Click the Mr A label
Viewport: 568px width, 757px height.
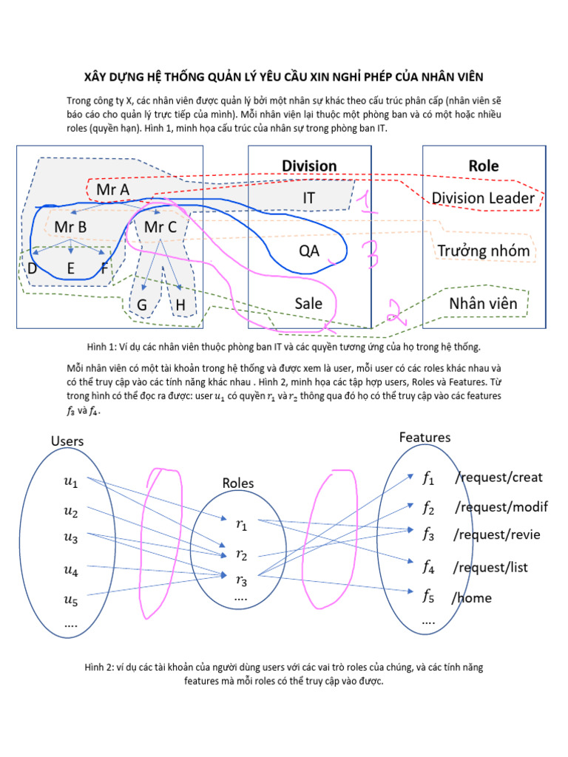click(112, 189)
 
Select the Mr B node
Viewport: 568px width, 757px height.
click(70, 228)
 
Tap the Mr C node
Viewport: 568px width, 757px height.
click(160, 228)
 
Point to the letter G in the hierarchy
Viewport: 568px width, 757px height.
click(142, 304)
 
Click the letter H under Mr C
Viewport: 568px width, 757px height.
click(180, 304)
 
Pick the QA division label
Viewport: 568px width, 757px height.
click(309, 251)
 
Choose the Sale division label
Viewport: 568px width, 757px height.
click(308, 303)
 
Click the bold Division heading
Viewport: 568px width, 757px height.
click(309, 166)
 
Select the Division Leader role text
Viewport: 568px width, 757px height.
click(483, 198)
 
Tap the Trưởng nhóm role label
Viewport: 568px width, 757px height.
click(484, 251)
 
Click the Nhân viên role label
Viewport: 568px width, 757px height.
click(484, 303)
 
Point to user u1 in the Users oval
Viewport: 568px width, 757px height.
click(70, 483)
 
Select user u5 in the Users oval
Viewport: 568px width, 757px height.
click(70, 601)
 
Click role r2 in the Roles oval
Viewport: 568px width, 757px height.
click(241, 554)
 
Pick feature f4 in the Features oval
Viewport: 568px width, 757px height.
click(428, 567)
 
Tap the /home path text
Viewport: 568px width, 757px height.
click(471, 597)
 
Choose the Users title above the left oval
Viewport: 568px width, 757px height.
click(67, 441)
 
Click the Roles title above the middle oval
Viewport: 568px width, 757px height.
click(238, 483)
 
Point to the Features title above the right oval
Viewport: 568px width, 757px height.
click(425, 437)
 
